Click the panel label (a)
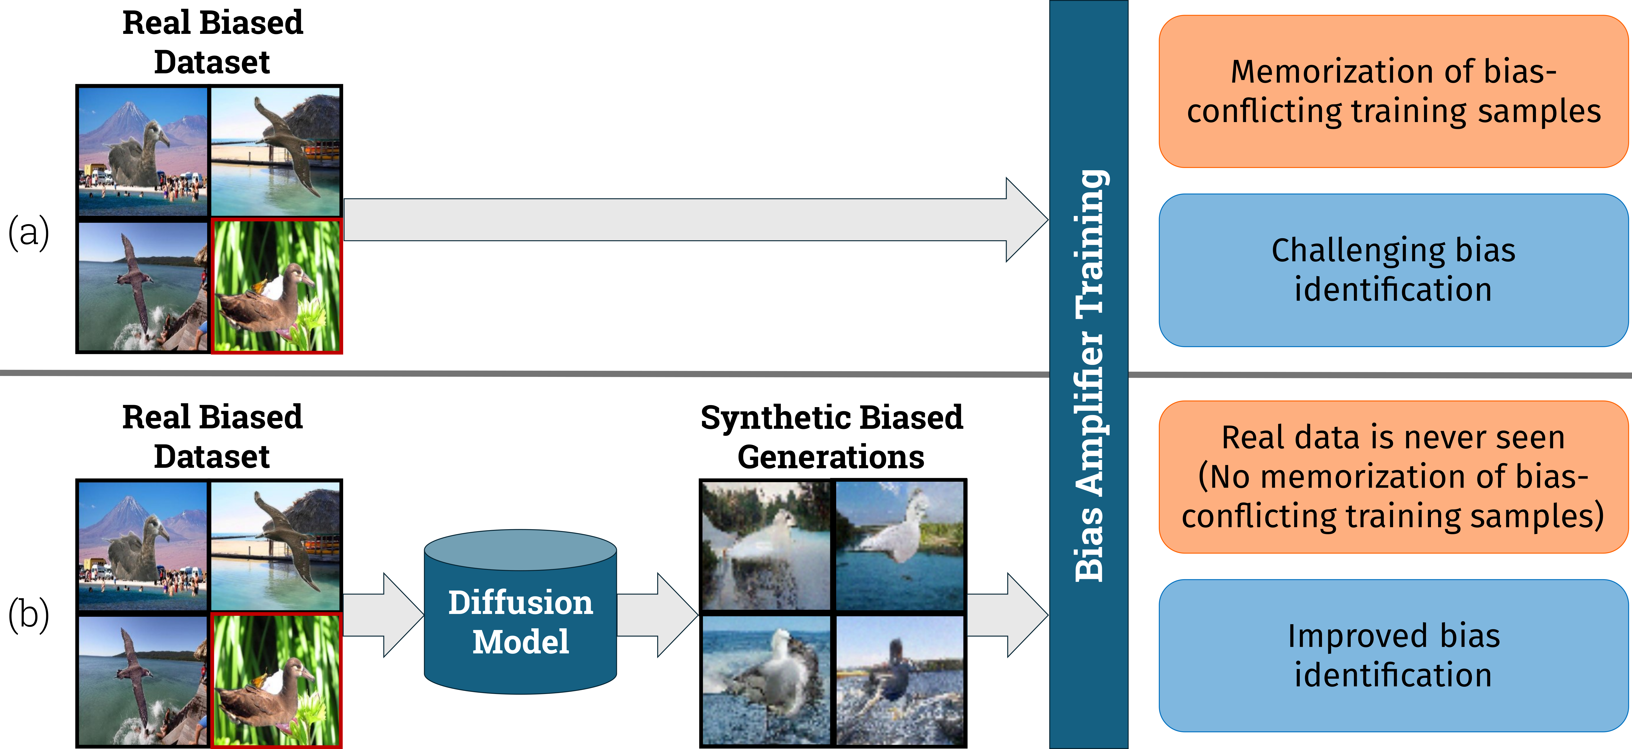click(x=28, y=232)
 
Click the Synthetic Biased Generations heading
click(x=831, y=437)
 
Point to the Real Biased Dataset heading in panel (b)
click(x=212, y=437)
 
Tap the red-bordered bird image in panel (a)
click(x=276, y=286)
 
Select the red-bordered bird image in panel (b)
click(x=276, y=680)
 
